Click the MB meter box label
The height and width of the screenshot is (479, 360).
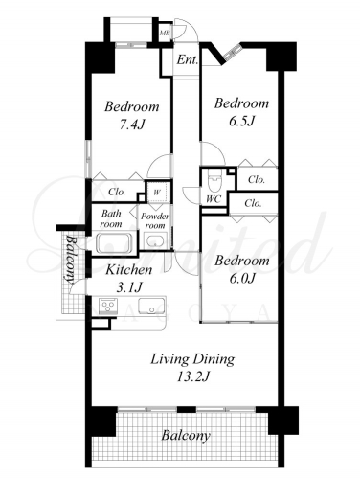165,33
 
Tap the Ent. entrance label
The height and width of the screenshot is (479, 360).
188,59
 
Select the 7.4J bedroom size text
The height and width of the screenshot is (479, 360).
132,125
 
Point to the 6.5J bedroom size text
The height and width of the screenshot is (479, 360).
241,122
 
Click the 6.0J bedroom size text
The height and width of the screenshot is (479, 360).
242,279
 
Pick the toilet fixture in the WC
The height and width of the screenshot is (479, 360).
214,182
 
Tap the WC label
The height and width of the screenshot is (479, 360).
214,199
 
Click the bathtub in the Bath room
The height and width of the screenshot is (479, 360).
114,243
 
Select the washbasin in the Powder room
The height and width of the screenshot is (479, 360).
155,240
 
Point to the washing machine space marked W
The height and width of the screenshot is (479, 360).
157,192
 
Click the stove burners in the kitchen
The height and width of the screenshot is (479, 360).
108,306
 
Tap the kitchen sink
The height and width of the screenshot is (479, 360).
151,306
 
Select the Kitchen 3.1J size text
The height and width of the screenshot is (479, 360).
128,288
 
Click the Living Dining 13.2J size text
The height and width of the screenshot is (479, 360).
192,377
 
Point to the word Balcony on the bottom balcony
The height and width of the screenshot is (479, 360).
186,436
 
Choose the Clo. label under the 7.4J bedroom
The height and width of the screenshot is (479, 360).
117,192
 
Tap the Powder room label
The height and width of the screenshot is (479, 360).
155,221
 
